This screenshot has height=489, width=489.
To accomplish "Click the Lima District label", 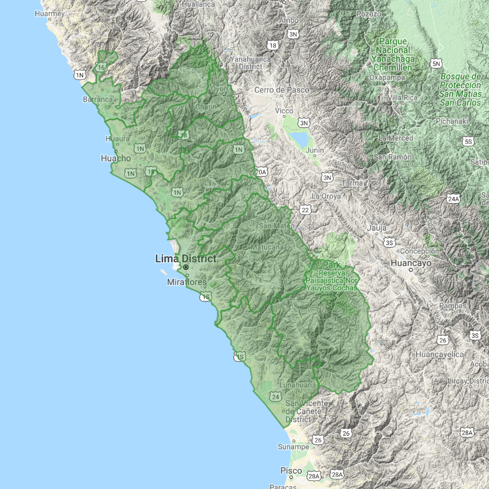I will pyautogui.click(x=186, y=259).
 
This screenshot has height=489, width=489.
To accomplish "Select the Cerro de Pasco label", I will pyautogui.click(x=282, y=90).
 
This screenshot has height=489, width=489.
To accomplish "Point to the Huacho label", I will pyautogui.click(x=116, y=158).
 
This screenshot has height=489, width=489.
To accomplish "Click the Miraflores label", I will pyautogui.click(x=187, y=282).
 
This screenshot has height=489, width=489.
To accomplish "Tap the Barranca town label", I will pyautogui.click(x=98, y=99).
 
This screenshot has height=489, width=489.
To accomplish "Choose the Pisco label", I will pyautogui.click(x=291, y=471).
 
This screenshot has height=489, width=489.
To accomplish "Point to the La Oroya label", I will pyautogui.click(x=326, y=196).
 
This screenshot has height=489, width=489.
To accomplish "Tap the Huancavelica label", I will pyautogui.click(x=440, y=355).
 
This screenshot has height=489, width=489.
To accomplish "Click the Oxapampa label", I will pyautogui.click(x=387, y=77).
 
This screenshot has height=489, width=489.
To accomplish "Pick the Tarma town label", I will pyautogui.click(x=352, y=183).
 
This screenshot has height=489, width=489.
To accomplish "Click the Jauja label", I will pyautogui.click(x=376, y=228).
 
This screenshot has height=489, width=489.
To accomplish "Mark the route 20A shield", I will pyautogui.click(x=261, y=172).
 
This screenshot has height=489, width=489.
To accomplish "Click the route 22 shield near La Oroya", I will pyautogui.click(x=305, y=210).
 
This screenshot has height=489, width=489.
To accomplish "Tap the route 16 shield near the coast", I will pyautogui.click(x=101, y=67).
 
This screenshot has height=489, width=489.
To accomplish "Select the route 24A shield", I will pyautogui.click(x=453, y=199).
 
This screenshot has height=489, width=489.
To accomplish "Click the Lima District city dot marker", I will pyautogui.click(x=186, y=267).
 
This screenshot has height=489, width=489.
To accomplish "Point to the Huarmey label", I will pyautogui.click(x=49, y=13).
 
